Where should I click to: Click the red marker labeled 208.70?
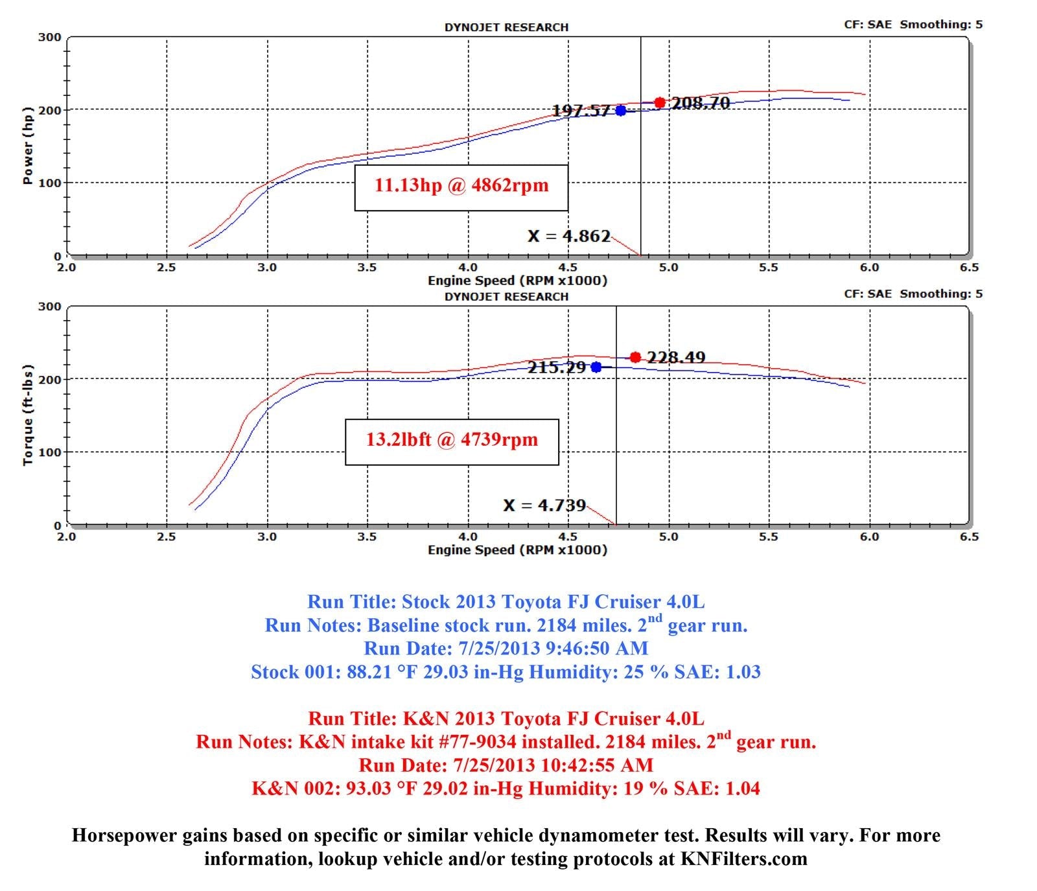pos(660,102)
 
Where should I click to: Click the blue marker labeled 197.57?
pos(621,111)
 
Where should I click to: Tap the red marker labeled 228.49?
pos(635,357)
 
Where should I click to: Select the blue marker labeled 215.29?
pos(596,367)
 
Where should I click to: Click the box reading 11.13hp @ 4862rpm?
pos(461,187)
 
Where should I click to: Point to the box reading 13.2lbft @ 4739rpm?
pos(452,441)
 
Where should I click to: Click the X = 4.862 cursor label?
pos(569,236)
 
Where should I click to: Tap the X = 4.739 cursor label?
pos(544,505)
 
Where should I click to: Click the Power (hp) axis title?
pos(28,146)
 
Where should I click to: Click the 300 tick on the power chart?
pos(50,38)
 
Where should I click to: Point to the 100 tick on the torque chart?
pos(50,452)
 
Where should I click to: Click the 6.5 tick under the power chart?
pos(969,268)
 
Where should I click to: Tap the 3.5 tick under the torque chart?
pos(367,537)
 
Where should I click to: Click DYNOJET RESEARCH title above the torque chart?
pos(506,297)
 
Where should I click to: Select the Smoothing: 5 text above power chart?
pos(941,25)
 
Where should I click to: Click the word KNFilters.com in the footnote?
pos(743,859)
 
